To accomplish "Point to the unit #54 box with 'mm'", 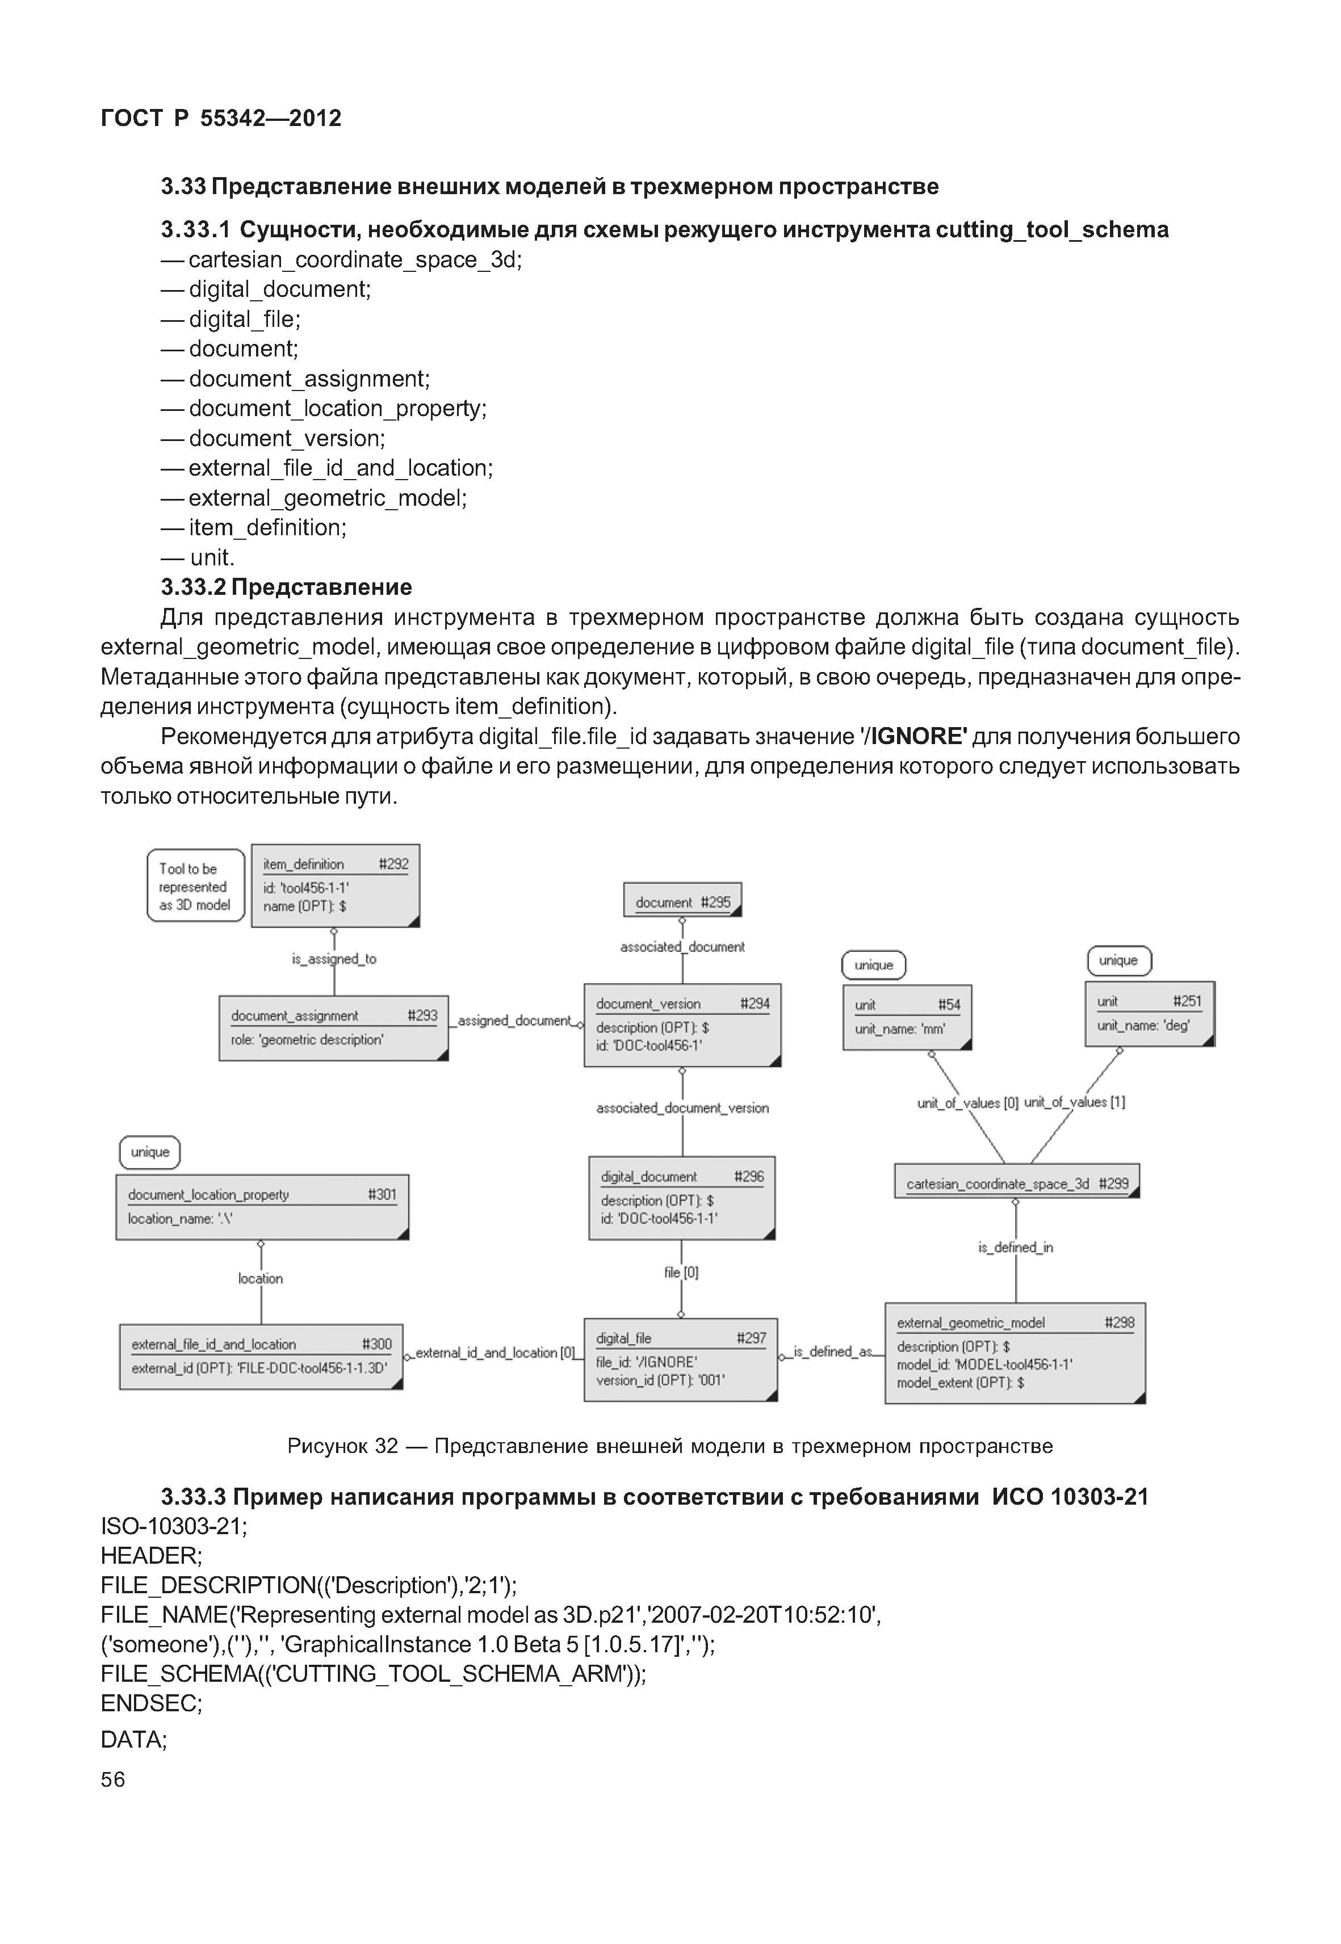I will [x=907, y=1017].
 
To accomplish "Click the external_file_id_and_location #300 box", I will [x=261, y=1356].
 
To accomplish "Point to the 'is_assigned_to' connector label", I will [x=334, y=959].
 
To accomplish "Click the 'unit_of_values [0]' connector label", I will [x=967, y=1102].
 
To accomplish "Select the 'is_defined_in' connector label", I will [x=1015, y=1248].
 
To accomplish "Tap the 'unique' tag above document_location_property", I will [x=149, y=1152].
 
